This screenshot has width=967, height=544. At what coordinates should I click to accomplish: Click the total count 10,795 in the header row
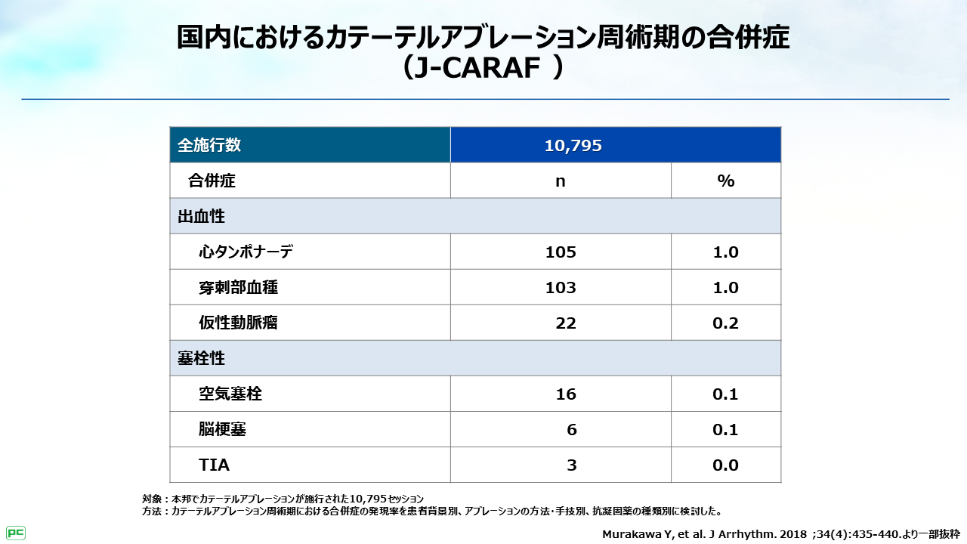[573, 146]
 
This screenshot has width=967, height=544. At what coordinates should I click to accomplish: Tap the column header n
[561, 181]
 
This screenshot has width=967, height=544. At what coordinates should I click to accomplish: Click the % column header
[725, 181]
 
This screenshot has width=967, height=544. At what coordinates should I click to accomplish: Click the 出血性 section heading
[201, 216]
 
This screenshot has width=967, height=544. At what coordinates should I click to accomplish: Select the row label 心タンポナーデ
[246, 252]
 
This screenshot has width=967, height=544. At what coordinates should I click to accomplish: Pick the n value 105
[561, 252]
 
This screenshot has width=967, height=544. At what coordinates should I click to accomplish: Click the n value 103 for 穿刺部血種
[561, 288]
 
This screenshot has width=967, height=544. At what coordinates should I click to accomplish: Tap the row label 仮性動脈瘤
[238, 323]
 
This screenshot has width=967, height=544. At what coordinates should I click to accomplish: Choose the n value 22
[565, 323]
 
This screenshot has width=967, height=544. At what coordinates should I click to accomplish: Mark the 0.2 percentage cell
[725, 323]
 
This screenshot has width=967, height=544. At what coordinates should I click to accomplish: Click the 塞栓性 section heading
[201, 358]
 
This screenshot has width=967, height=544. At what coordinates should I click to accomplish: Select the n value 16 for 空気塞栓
[565, 394]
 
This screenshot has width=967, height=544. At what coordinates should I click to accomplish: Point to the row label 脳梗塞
[222, 430]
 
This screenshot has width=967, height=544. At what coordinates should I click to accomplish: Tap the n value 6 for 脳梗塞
[571, 430]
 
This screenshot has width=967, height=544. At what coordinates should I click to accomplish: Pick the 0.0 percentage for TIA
[725, 465]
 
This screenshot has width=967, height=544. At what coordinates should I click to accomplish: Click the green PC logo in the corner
[16, 533]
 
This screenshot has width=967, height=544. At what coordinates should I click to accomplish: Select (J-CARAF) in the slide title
[483, 69]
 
